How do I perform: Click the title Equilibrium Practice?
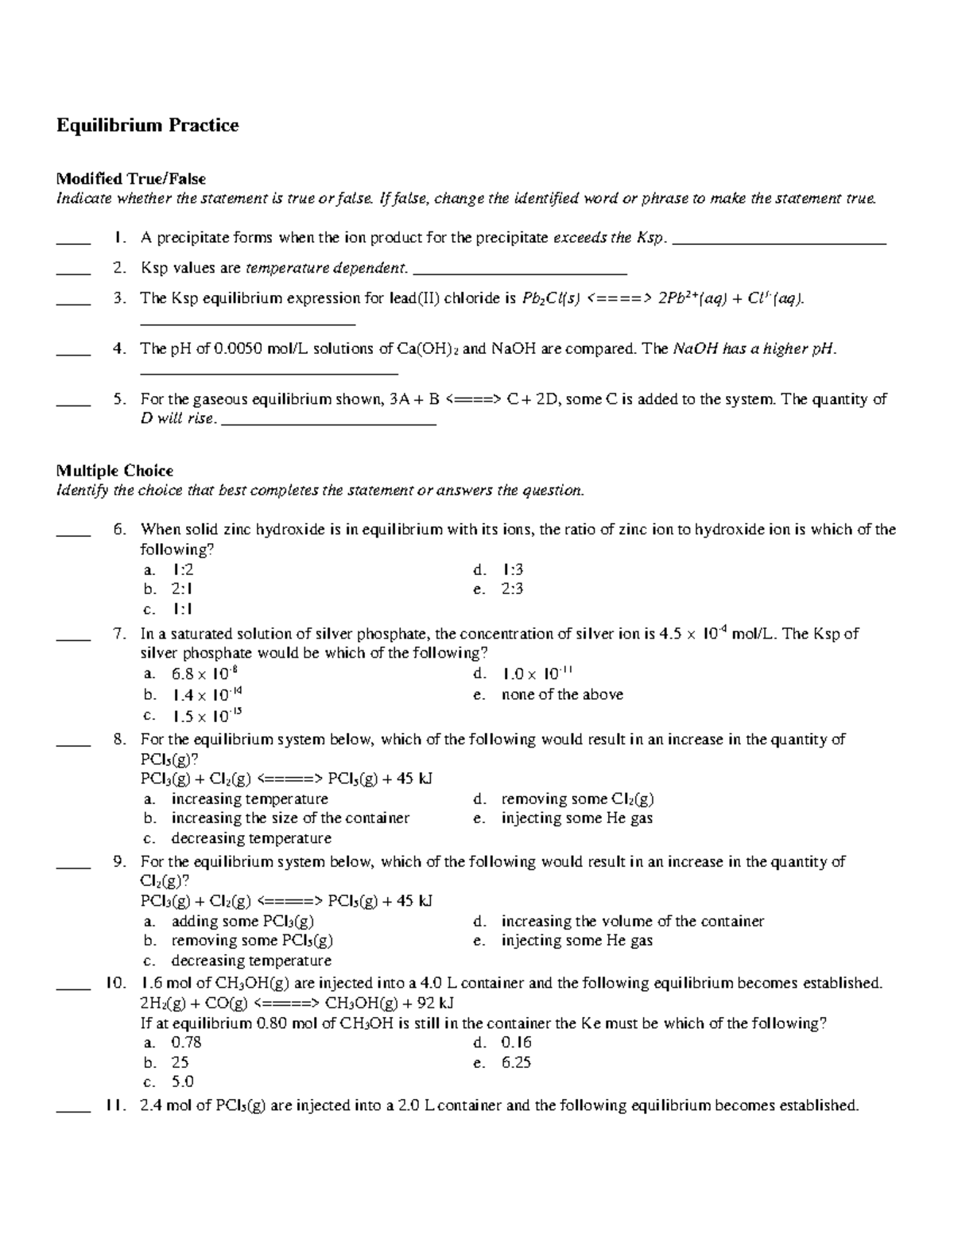coord(147,126)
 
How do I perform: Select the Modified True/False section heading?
coord(130,179)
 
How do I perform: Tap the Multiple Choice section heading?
coord(114,471)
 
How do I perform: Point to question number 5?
coord(119,399)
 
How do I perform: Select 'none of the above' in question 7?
coord(562,695)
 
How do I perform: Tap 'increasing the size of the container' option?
coord(290,818)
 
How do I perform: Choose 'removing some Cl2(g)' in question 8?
coord(577,799)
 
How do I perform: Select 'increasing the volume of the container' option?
coord(632,922)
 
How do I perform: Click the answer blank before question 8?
coord(73,745)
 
